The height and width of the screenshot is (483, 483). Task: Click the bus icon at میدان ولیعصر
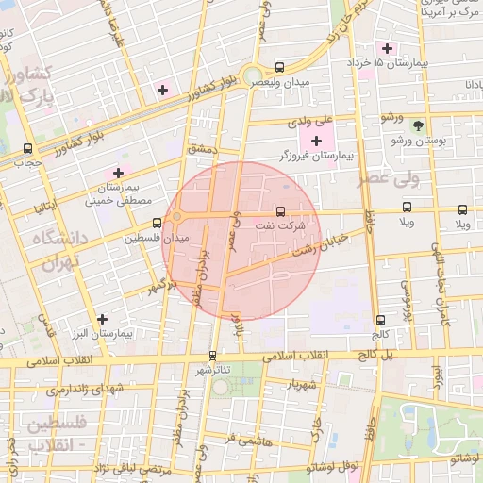point(278,67)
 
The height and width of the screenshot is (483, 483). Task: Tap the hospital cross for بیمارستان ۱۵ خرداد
point(386,47)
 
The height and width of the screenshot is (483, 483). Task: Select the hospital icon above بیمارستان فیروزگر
point(315,141)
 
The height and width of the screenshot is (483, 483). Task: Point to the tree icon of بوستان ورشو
point(419,125)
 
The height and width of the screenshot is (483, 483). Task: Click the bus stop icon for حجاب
point(27,148)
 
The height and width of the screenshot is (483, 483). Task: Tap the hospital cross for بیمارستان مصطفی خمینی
point(118,173)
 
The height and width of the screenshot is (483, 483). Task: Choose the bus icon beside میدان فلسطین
point(157,224)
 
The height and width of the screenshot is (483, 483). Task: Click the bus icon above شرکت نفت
point(278,210)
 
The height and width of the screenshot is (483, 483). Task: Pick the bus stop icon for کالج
point(379,321)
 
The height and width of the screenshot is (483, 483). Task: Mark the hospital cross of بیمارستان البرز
point(102,318)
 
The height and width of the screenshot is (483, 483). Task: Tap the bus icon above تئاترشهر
point(212,356)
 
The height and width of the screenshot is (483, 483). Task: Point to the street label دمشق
point(202,149)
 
